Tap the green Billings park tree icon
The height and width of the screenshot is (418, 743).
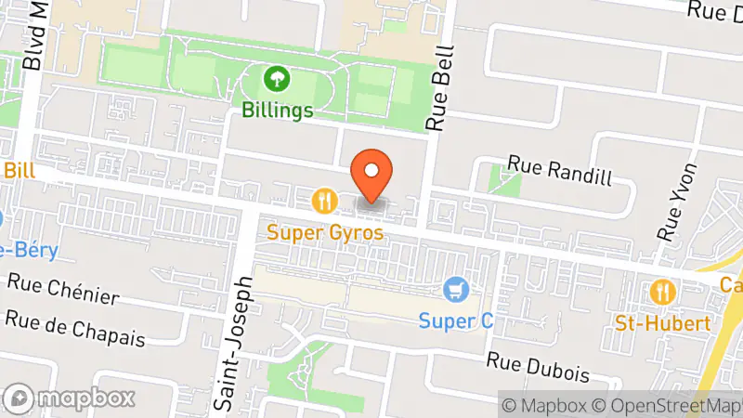[276, 78]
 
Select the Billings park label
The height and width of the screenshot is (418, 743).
[276, 110]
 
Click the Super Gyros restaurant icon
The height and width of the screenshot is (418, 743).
[324, 200]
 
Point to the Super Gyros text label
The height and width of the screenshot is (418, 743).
[325, 232]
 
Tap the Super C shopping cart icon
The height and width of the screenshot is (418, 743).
[454, 290]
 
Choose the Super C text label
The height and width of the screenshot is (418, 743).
[455, 321]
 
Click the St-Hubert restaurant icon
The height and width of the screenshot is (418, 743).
[662, 292]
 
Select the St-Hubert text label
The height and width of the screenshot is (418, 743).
[663, 323]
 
